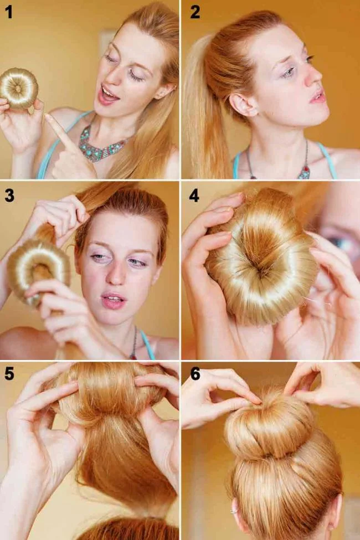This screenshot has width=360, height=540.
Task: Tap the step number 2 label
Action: (195, 12)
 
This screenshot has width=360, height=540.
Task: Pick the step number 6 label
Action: (195, 374)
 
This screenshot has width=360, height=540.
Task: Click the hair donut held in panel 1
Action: (18, 88)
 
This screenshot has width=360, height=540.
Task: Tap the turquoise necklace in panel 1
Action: (100, 146)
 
